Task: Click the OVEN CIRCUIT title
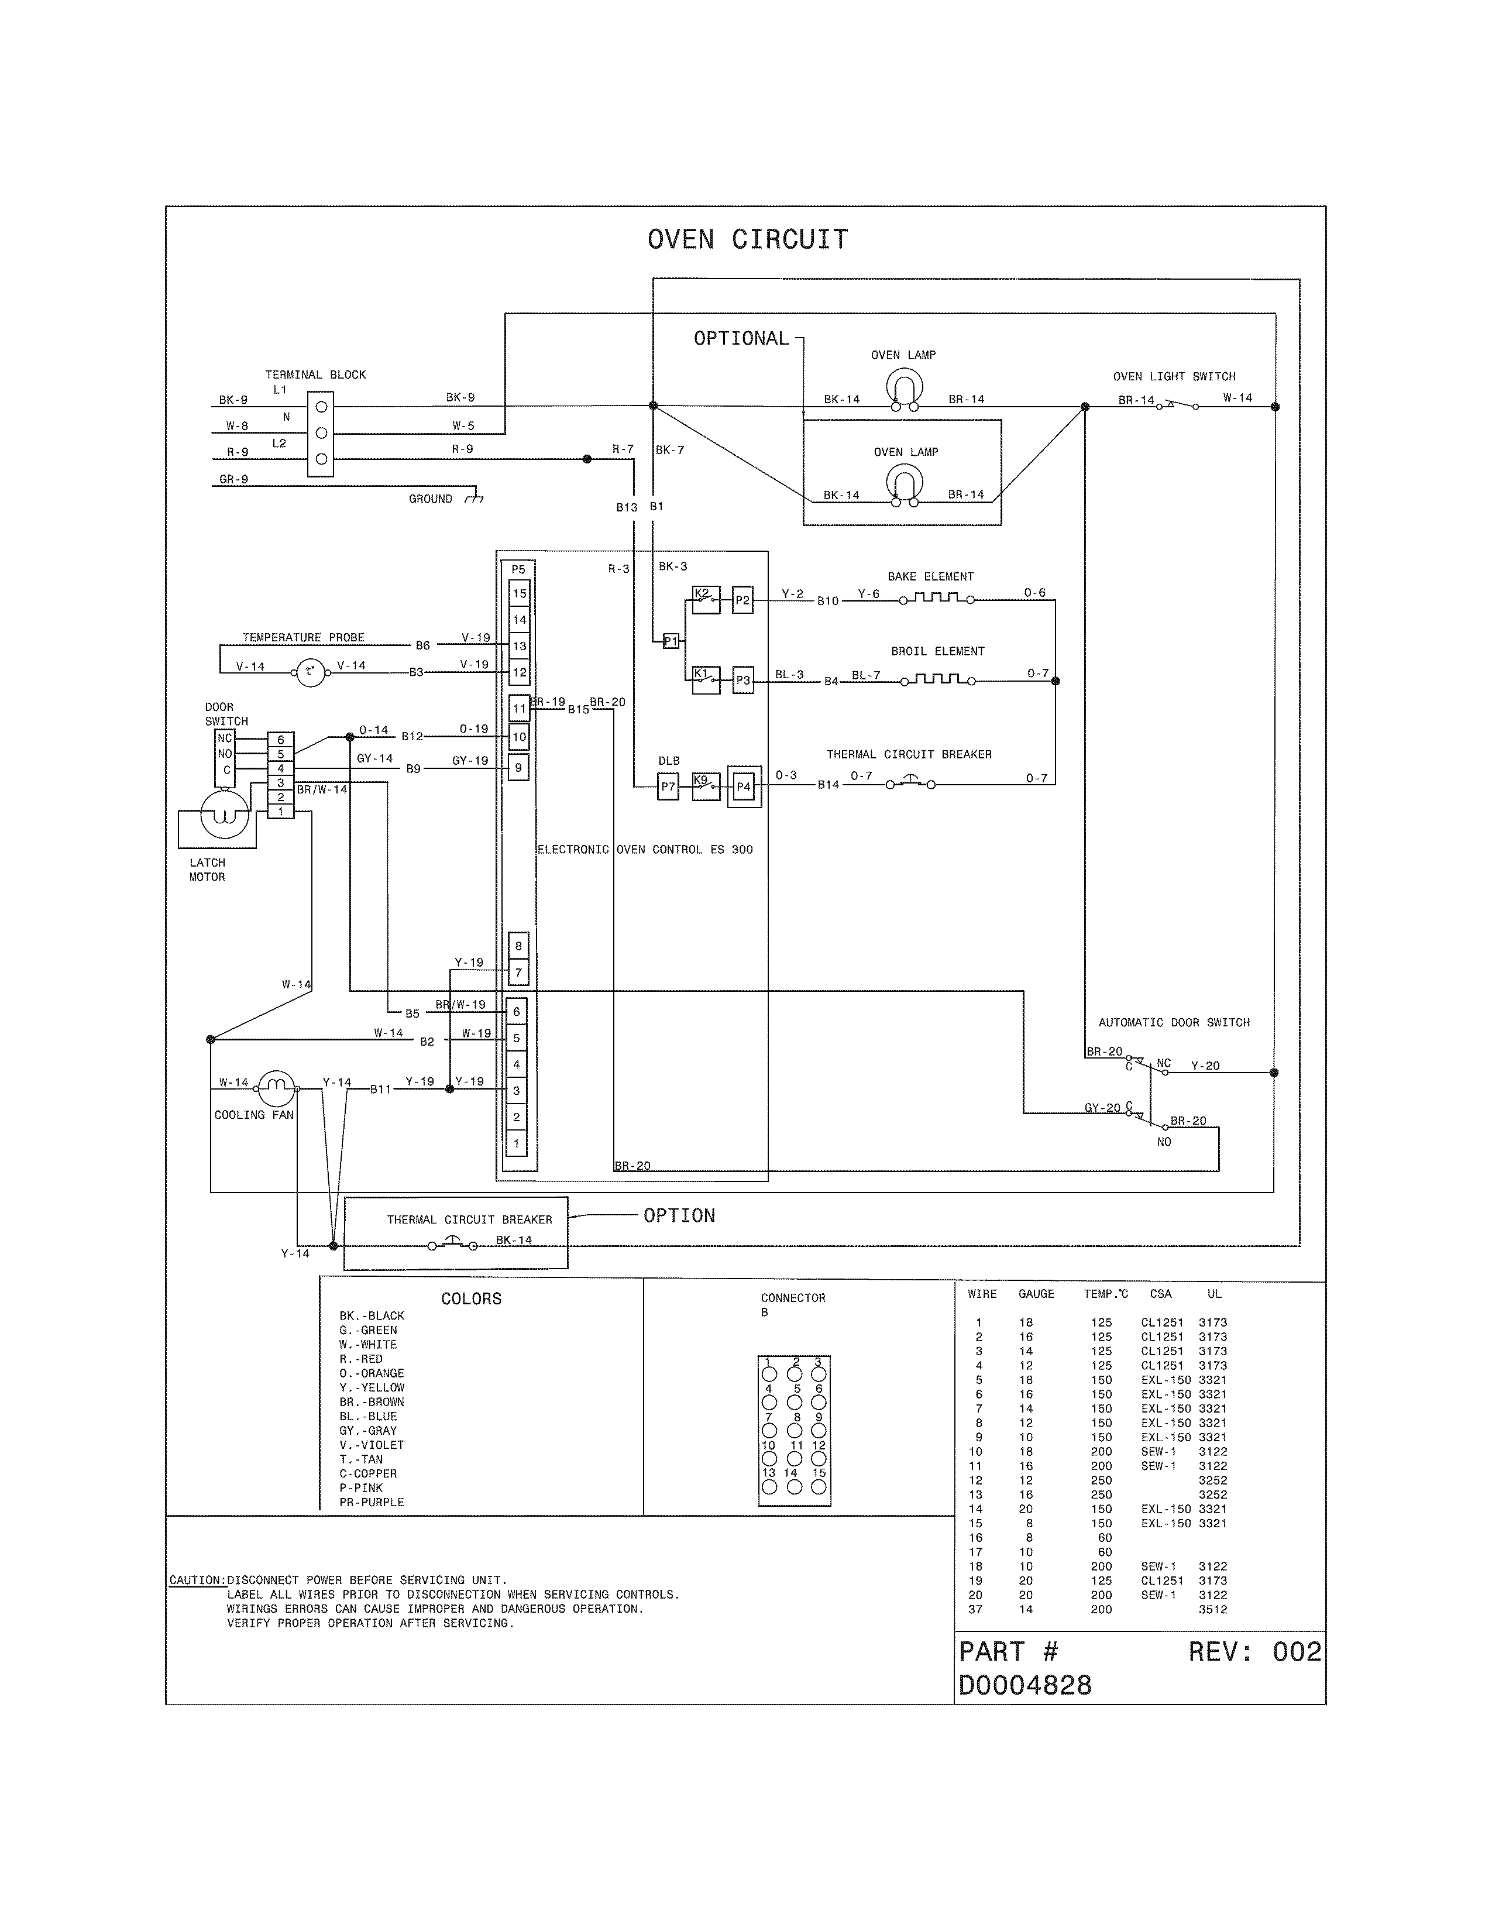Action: click(x=748, y=239)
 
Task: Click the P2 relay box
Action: click(x=742, y=600)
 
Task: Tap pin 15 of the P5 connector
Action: click(x=520, y=593)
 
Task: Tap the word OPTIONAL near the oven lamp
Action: click(x=741, y=339)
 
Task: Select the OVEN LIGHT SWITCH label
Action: click(x=1174, y=377)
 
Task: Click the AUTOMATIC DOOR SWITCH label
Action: click(x=1174, y=1023)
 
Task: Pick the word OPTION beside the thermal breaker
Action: click(x=679, y=1216)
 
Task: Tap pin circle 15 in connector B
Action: click(x=819, y=1486)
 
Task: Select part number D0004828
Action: click(x=1025, y=1685)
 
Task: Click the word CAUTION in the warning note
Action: click(x=196, y=1580)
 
